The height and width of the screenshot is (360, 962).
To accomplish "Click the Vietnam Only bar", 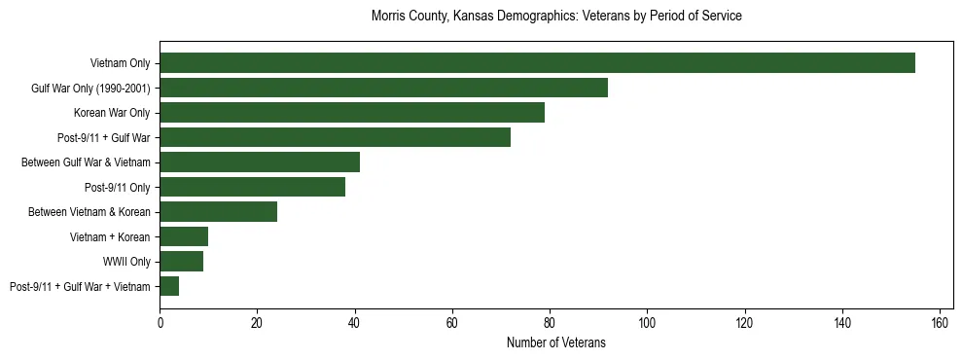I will coord(537,63).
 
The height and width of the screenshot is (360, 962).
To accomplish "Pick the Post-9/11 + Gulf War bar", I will coord(335,137).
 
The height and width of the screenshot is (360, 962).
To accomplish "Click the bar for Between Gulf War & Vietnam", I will coord(260,162).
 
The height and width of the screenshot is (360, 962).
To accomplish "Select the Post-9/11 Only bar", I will coord(252,187).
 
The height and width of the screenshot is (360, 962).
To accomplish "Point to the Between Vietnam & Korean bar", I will coord(218,211).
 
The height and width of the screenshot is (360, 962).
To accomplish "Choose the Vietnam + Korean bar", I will coord(184,236).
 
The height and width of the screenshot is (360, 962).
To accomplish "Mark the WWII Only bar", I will coord(181,261).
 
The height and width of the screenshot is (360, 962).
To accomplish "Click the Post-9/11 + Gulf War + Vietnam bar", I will coord(169,286).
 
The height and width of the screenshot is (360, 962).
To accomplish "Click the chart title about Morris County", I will coord(556,17).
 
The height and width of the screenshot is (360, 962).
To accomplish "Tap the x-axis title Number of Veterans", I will coord(556,342).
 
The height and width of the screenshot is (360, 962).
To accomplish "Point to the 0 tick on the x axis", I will coord(160,322).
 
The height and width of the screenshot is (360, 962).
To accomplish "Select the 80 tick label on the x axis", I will coord(550,322).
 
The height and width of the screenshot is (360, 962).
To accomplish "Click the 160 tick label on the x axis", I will coord(940,322).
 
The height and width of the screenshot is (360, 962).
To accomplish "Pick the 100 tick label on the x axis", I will coord(647,322).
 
